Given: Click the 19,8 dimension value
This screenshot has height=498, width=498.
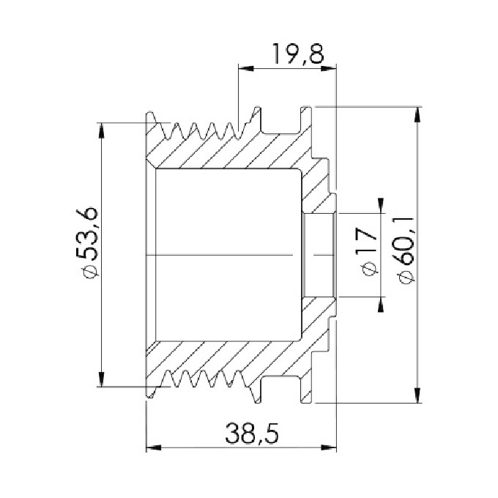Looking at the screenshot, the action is point(298,53).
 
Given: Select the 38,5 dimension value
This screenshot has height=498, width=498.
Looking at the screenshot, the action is point(252,434).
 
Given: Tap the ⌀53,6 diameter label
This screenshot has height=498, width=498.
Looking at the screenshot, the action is point(86,242).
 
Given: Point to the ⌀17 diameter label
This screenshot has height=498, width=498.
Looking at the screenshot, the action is point(367,251).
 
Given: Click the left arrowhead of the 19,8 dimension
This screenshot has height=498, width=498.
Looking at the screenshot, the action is point(246,67).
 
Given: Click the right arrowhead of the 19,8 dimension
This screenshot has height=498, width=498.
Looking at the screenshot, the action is point(329,67).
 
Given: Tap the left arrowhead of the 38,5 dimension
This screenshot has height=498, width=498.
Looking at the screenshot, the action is point(154,447).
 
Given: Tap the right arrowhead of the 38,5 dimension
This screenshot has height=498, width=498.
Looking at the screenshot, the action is point(329,447).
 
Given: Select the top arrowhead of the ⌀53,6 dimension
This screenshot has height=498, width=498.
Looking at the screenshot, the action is point(101,130).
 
